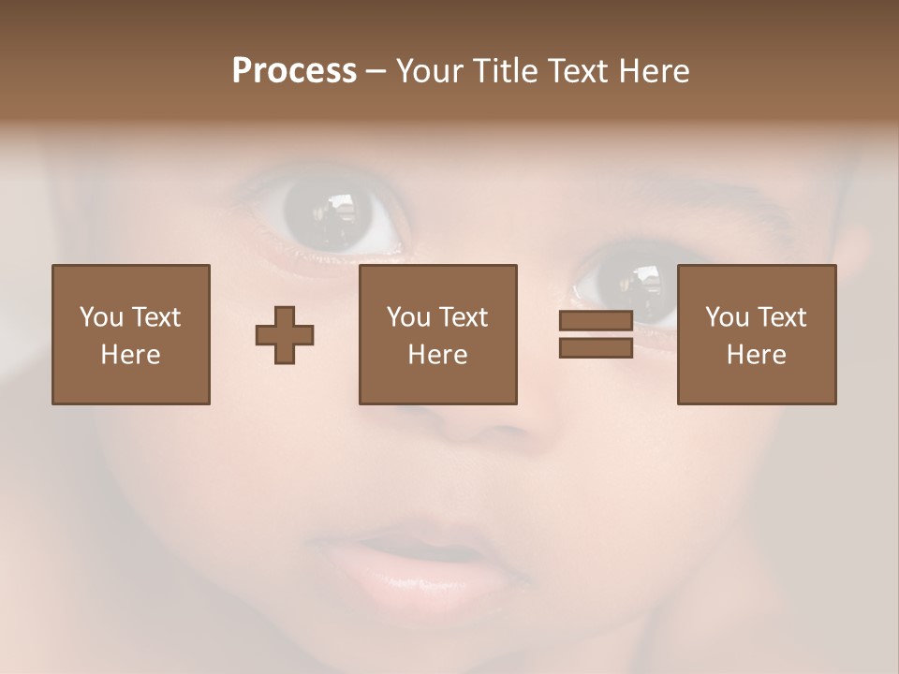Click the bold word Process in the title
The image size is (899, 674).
pos(294,71)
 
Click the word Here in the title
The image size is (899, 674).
pos(655,71)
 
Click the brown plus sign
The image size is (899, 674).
pos(285,334)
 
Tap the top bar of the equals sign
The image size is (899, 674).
pos(596,320)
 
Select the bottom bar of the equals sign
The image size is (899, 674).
pos(596,348)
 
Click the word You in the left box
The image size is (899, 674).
pos(101,317)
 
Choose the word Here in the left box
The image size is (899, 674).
pos(130,355)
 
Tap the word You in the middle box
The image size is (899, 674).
pos(408,317)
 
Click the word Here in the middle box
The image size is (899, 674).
pos(437,355)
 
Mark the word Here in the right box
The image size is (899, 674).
pos(756,355)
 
